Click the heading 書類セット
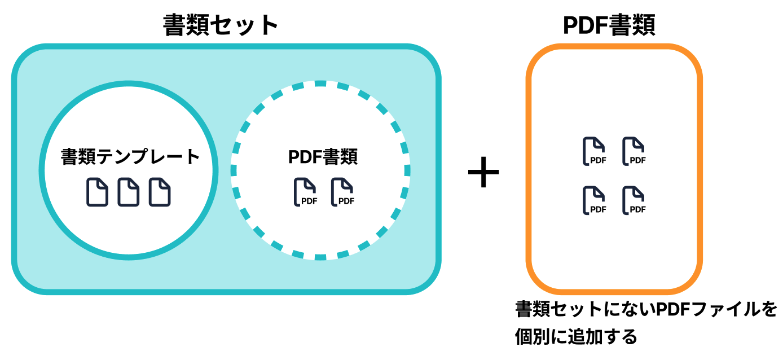[221, 25]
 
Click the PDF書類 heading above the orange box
[609, 25]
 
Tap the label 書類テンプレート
[130, 157]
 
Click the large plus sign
[483, 173]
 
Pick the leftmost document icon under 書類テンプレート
[97, 192]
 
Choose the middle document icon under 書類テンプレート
[128, 192]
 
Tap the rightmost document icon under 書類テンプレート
[160, 192]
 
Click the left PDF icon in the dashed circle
[305, 192]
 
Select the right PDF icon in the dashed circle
[342, 192]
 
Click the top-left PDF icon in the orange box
[594, 151]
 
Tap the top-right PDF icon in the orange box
[634, 151]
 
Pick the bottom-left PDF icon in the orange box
[594, 200]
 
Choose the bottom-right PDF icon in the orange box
[634, 200]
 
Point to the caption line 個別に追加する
[575, 337]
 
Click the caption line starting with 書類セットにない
[646, 309]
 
